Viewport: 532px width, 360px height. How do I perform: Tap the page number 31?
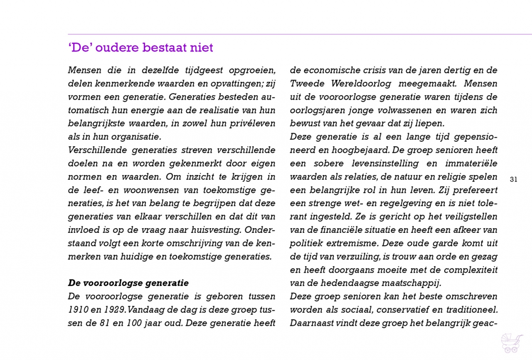[x=513, y=180]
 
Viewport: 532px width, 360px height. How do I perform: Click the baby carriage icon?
[x=512, y=343]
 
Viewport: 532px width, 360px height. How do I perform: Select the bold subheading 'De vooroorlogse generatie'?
[x=128, y=283]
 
